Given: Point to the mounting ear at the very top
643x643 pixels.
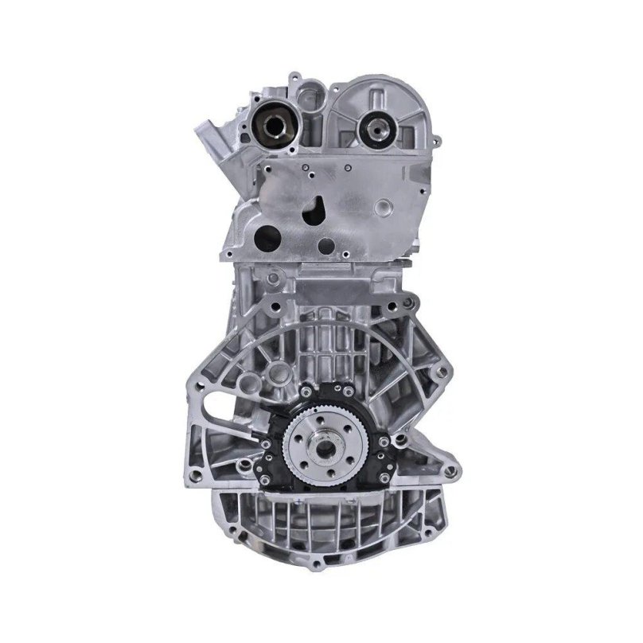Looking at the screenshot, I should pos(296,79).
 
